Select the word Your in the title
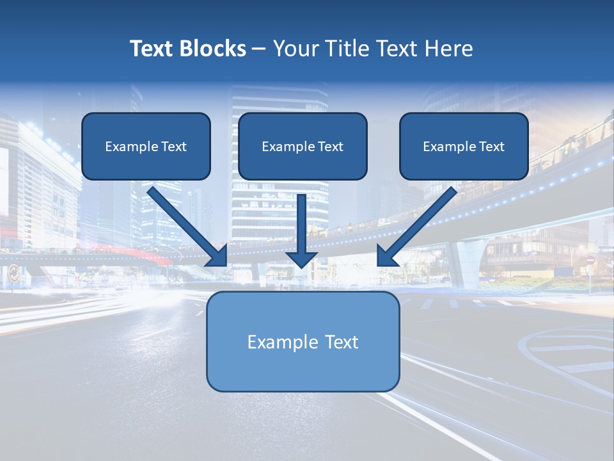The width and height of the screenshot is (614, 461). pos(295,49)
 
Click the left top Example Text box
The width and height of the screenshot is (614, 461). pos(146,146)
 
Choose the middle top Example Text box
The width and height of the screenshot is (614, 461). pos(303,146)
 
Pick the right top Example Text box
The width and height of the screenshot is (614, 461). pos(464,146)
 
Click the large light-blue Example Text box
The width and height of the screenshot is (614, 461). pos(303,341)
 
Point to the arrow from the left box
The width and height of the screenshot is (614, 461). pos(185,224)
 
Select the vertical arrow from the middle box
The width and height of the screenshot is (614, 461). pos(302,221)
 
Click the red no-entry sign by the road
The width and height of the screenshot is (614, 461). pos(590,261)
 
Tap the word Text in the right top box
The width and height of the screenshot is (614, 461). pos(491,147)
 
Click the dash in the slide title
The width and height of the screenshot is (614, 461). pos(260,49)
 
